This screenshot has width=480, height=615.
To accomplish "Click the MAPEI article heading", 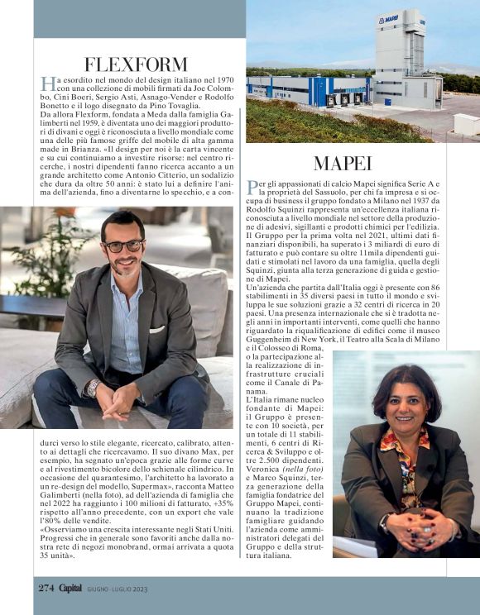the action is tap(343, 163).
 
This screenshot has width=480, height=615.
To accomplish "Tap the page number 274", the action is tap(46, 588).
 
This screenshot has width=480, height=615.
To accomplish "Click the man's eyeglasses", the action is tap(122, 246).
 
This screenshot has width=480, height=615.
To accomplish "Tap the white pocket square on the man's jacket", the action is tap(157, 329).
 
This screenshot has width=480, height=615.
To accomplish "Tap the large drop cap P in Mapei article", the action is tap(252, 185).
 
